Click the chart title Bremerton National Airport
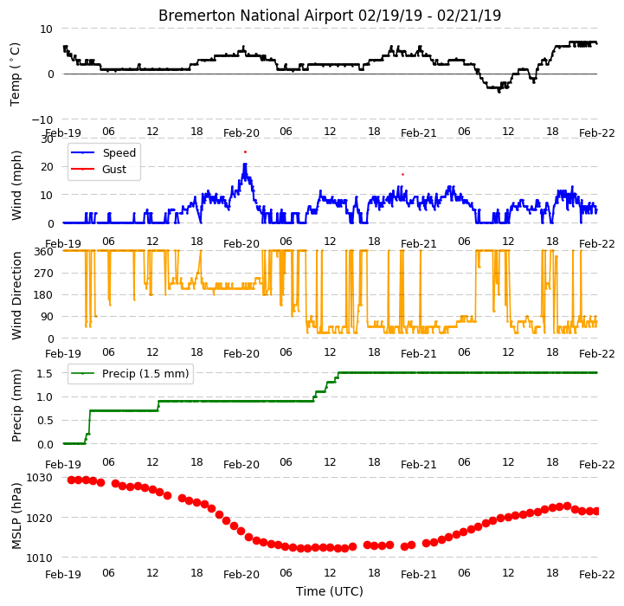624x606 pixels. coord(256,16)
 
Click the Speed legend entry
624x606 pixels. coord(104,153)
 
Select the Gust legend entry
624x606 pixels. coord(99,169)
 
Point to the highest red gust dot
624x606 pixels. coord(245,152)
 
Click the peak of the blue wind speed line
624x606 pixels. coord(245,164)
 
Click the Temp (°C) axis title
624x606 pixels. coord(15,74)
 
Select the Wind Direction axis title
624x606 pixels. coord(16,295)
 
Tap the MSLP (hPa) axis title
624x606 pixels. coord(16,517)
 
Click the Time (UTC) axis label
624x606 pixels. coord(330,591)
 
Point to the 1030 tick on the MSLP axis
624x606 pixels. coord(39,477)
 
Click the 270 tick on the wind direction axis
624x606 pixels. coord(45,274)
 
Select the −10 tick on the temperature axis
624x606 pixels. coord(42,119)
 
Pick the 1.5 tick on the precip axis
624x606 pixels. coord(45,373)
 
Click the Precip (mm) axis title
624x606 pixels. coord(16,406)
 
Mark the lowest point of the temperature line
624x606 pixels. coord(499,92)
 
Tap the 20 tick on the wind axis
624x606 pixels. coord(47,167)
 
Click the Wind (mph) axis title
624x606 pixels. coord(16,185)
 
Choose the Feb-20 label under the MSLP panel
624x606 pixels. coord(241,575)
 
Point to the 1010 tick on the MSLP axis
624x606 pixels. coord(39,558)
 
